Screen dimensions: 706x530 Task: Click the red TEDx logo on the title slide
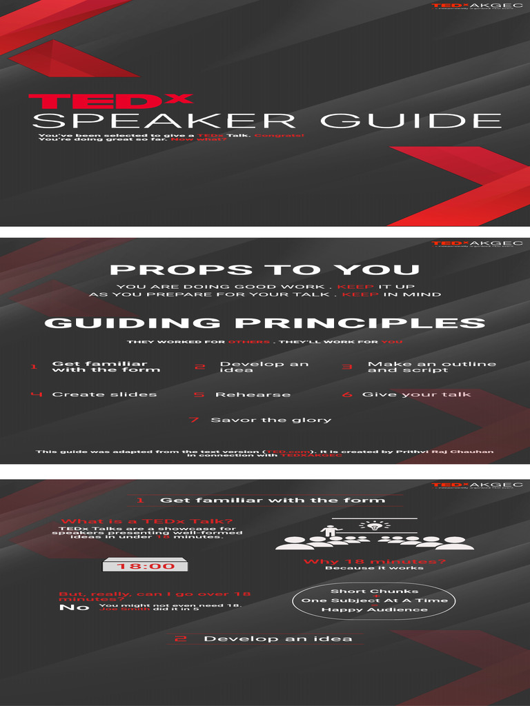(110, 101)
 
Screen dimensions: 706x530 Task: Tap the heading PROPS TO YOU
(264, 270)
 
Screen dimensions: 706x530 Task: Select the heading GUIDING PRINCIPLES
(264, 323)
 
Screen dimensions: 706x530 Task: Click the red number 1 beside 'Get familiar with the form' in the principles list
(33, 367)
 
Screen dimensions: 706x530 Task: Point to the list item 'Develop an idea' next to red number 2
(264, 367)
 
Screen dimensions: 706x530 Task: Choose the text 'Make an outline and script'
(431, 367)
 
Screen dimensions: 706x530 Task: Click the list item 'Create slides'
(104, 394)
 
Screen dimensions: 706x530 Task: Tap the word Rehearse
(253, 395)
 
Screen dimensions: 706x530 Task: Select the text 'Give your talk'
(416, 394)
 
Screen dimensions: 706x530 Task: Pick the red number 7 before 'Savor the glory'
(194, 420)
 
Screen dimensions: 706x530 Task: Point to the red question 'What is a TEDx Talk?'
(146, 521)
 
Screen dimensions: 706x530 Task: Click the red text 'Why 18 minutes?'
(374, 561)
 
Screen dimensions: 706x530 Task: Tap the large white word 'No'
(74, 607)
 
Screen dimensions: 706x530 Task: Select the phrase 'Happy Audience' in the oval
(374, 609)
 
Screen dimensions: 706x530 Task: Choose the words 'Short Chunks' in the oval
(374, 591)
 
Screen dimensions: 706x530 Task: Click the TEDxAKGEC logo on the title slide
(477, 6)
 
